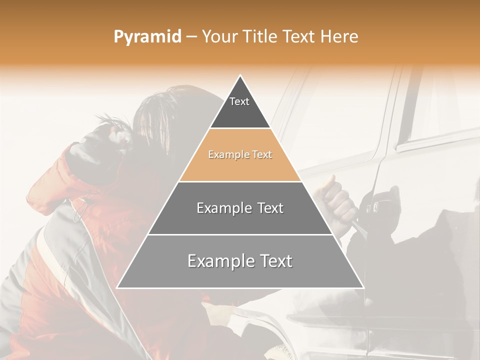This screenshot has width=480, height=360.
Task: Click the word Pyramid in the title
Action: coord(147,37)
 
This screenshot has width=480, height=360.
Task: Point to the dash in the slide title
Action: coord(191,37)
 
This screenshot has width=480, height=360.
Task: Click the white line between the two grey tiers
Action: coord(240,234)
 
